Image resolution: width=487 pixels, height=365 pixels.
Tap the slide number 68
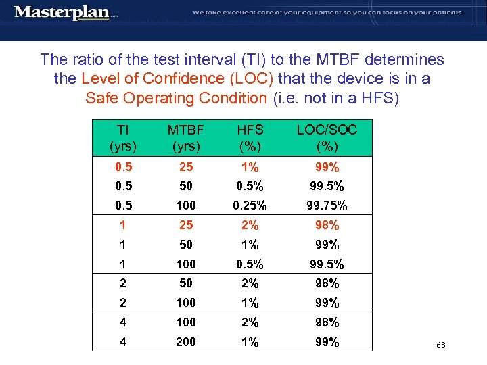tap(441, 345)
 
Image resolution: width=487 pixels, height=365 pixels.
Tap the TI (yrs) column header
tap(123, 138)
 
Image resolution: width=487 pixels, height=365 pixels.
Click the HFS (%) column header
tap(250, 138)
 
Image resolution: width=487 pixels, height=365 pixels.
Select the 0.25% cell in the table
tap(250, 205)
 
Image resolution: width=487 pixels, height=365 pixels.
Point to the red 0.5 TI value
tap(123, 166)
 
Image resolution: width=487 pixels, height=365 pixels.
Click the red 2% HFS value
tap(250, 225)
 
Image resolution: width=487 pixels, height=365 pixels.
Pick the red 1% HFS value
tap(250, 166)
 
